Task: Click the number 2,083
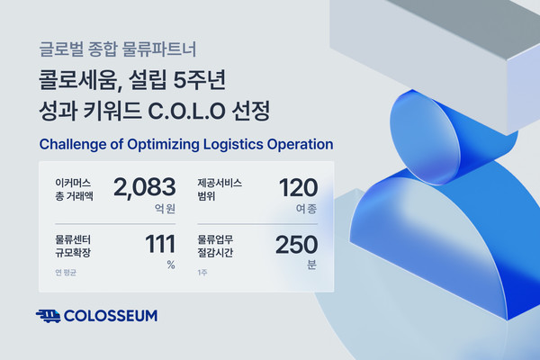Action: tap(144, 188)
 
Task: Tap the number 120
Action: tap(298, 188)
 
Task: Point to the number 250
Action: tap(296, 246)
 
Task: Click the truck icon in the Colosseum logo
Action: tap(49, 316)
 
